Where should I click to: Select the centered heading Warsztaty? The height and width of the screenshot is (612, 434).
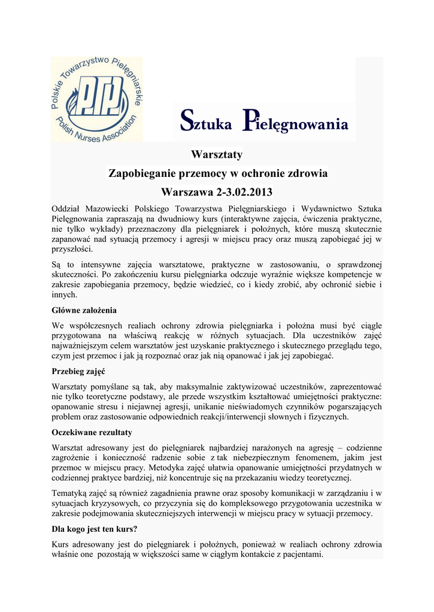[x=217, y=155]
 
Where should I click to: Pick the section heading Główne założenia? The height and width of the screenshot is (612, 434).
[x=84, y=310]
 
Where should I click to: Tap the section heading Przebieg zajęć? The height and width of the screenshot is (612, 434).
[x=78, y=371]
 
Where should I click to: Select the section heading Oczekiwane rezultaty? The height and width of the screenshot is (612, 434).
[x=92, y=432]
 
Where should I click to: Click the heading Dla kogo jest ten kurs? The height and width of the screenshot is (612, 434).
[x=95, y=529]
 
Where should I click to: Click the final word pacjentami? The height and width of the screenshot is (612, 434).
[x=302, y=554]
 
